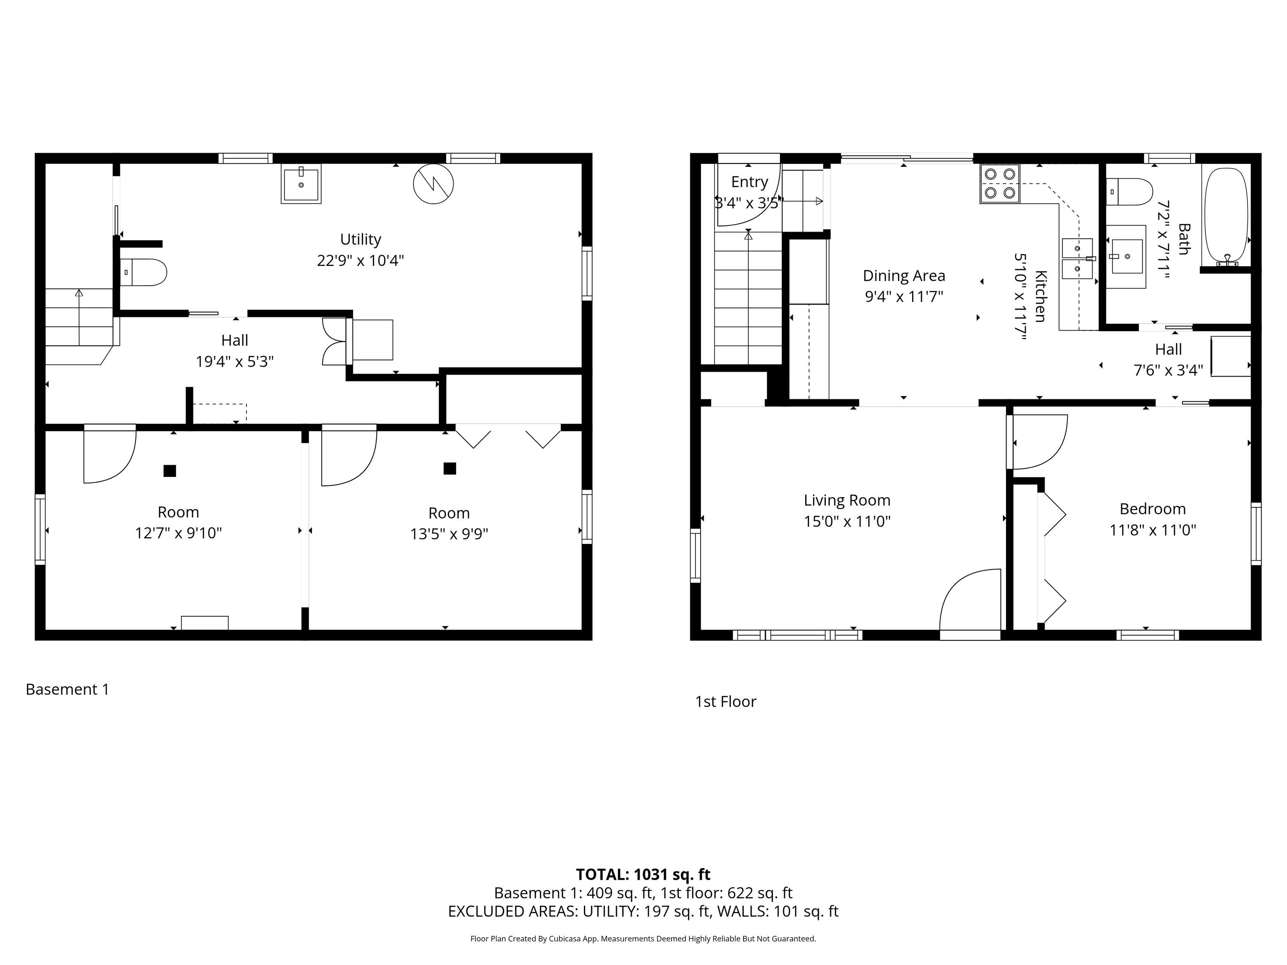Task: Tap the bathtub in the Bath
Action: [x=1225, y=217]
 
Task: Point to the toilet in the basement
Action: [x=143, y=272]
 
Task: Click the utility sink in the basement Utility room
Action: [x=301, y=184]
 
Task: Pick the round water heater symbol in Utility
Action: [x=433, y=184]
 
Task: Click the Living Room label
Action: [x=847, y=500]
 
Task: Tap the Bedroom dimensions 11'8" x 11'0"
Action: [x=1153, y=530]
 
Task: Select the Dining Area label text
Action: [x=903, y=276]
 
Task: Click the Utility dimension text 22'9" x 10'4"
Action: [x=360, y=260]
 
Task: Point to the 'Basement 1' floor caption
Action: [x=67, y=689]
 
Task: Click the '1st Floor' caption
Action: [x=725, y=702]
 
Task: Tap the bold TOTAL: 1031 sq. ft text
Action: [x=643, y=874]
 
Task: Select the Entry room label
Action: [x=749, y=182]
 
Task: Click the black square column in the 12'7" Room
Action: [x=169, y=470]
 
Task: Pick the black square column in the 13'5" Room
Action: [x=450, y=468]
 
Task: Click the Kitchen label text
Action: [x=1041, y=296]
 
